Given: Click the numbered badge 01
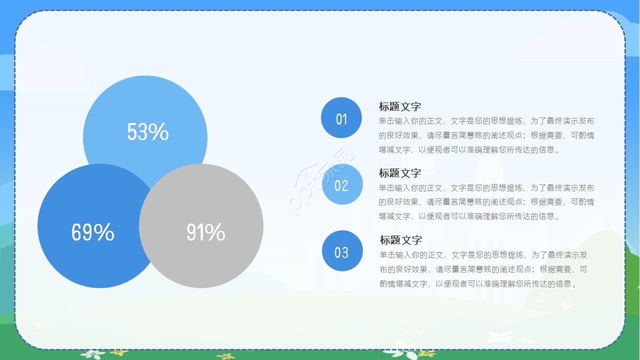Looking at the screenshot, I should [341, 118].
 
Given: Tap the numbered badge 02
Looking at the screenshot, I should [341, 185].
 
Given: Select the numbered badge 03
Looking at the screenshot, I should [342, 251].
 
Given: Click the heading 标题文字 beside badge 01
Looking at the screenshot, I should [399, 106].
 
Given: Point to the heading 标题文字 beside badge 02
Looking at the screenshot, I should [399, 173].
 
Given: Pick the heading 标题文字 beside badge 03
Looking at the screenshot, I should [400, 240].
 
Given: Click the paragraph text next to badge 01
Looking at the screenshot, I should [486, 135].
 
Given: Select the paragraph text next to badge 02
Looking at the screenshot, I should [486, 202].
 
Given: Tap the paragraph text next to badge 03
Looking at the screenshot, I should [483, 269].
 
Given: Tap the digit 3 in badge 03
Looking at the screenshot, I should [345, 252].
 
